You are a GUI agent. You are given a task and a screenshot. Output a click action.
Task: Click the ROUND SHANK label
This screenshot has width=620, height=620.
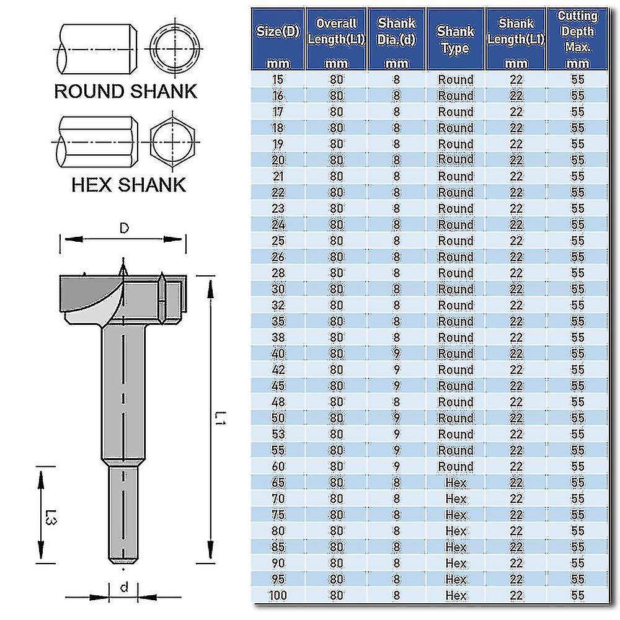pos(126,91)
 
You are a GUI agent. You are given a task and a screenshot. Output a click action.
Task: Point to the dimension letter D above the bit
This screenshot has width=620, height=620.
pos(124,229)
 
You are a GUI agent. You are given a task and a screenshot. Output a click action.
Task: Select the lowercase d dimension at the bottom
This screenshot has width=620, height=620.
pos(123,587)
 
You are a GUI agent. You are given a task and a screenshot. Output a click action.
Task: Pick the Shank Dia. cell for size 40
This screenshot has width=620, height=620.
pos(397,354)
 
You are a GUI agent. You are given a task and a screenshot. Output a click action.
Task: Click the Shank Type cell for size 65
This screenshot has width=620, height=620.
pos(456,482)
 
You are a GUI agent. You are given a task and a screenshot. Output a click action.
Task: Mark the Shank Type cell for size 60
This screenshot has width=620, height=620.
pos(456,466)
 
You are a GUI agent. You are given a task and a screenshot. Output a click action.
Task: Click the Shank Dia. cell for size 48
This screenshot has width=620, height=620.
pos(397,402)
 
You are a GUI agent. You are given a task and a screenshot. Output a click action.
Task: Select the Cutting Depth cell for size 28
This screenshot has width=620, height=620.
pos(578,273)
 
